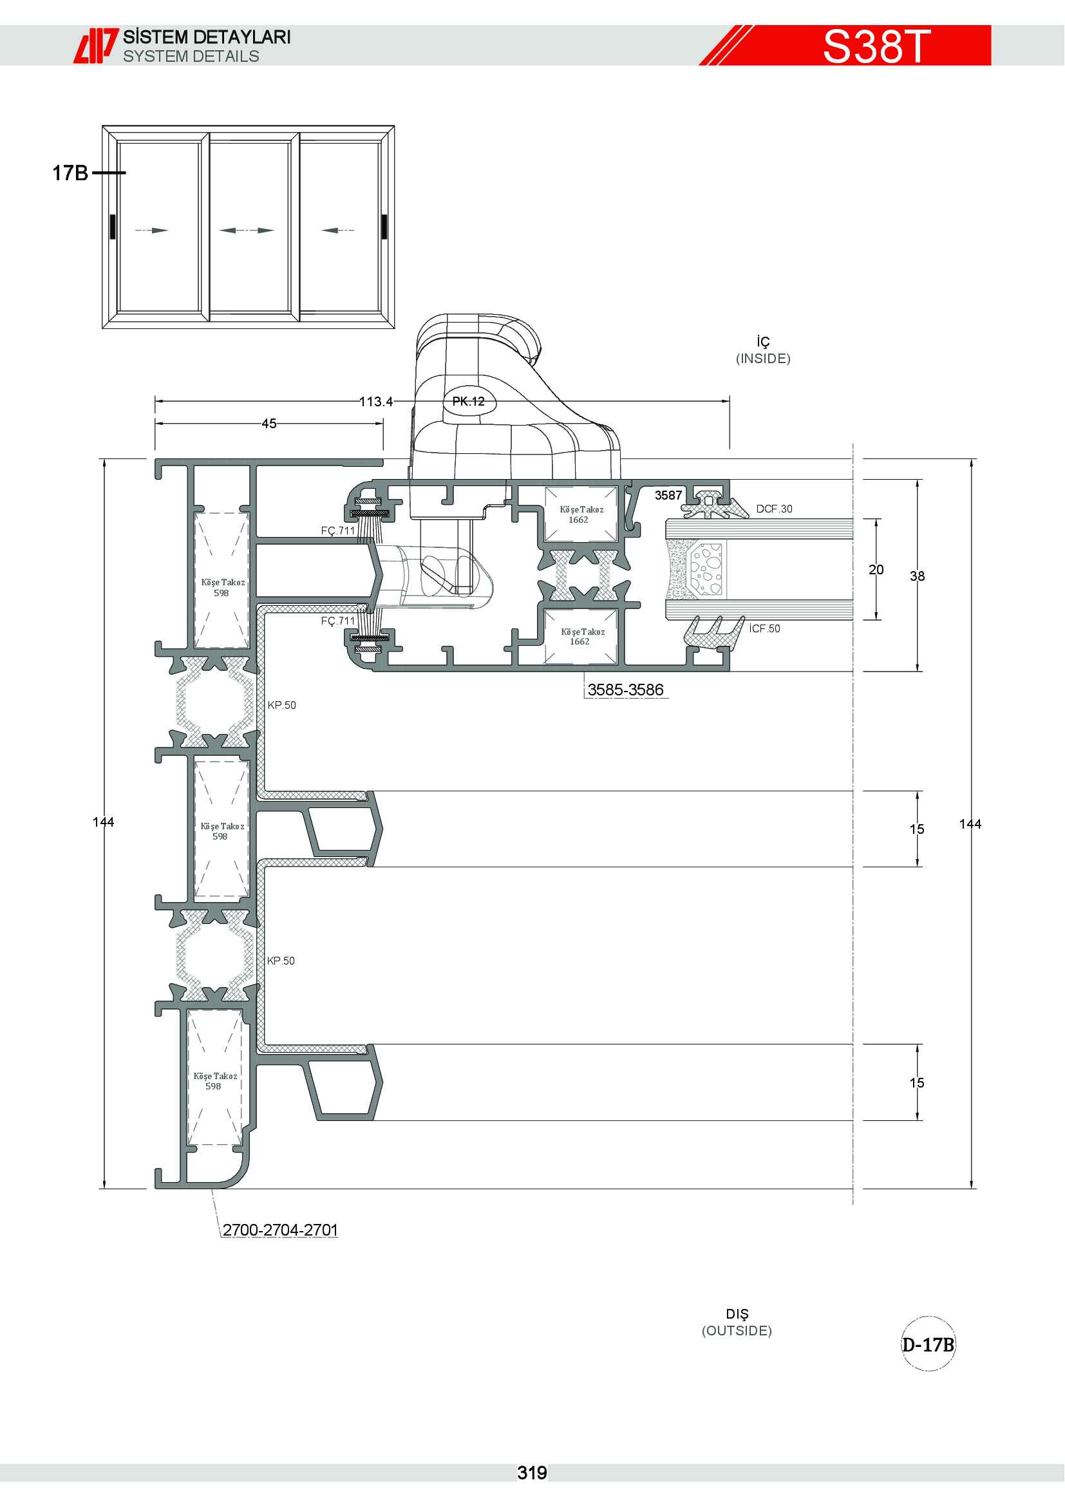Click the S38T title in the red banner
point(876,46)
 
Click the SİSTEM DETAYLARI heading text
point(207,37)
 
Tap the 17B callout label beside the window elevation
point(70,173)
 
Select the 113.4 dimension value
point(376,401)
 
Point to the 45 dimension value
point(269,424)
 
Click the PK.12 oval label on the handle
point(468,401)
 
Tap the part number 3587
point(668,495)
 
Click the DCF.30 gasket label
point(774,509)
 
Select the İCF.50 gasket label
point(765,628)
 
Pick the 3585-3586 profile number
point(625,690)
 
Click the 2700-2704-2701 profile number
point(280,1230)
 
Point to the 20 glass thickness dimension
point(876,569)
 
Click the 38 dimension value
point(917,576)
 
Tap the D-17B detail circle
point(928,1344)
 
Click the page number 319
point(532,1473)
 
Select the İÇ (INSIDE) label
point(764,350)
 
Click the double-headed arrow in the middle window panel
point(247,231)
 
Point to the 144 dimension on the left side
point(104,822)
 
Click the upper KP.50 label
point(281,705)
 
